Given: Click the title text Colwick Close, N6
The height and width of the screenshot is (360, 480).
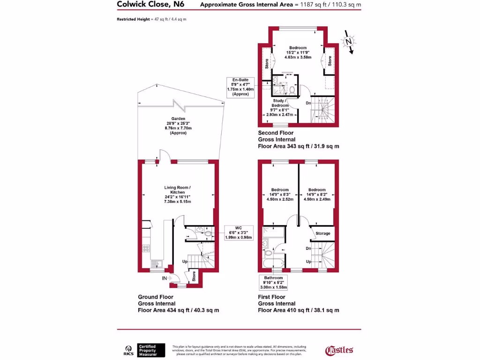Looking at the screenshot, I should (x=151, y=5).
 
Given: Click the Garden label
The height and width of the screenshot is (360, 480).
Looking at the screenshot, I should (x=178, y=126).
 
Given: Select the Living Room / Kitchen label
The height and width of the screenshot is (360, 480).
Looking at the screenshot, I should (x=178, y=195).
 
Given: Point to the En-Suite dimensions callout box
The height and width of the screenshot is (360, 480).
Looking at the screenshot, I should (x=240, y=87).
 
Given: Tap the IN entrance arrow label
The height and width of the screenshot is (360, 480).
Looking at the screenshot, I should (x=164, y=278).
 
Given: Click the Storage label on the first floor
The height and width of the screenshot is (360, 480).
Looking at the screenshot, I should (x=322, y=233).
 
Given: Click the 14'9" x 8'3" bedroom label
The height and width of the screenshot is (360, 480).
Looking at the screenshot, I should (x=280, y=194).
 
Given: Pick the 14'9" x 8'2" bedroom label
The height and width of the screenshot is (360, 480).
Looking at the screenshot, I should (x=317, y=194).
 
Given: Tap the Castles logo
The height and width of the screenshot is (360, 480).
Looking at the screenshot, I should (x=339, y=350).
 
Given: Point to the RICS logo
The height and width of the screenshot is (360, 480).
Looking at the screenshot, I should (x=127, y=350).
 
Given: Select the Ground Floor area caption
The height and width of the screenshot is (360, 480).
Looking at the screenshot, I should (x=178, y=303).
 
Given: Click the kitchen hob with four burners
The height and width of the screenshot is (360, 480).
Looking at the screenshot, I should (x=146, y=249).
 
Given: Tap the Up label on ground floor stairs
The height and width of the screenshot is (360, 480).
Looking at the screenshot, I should (x=186, y=261).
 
